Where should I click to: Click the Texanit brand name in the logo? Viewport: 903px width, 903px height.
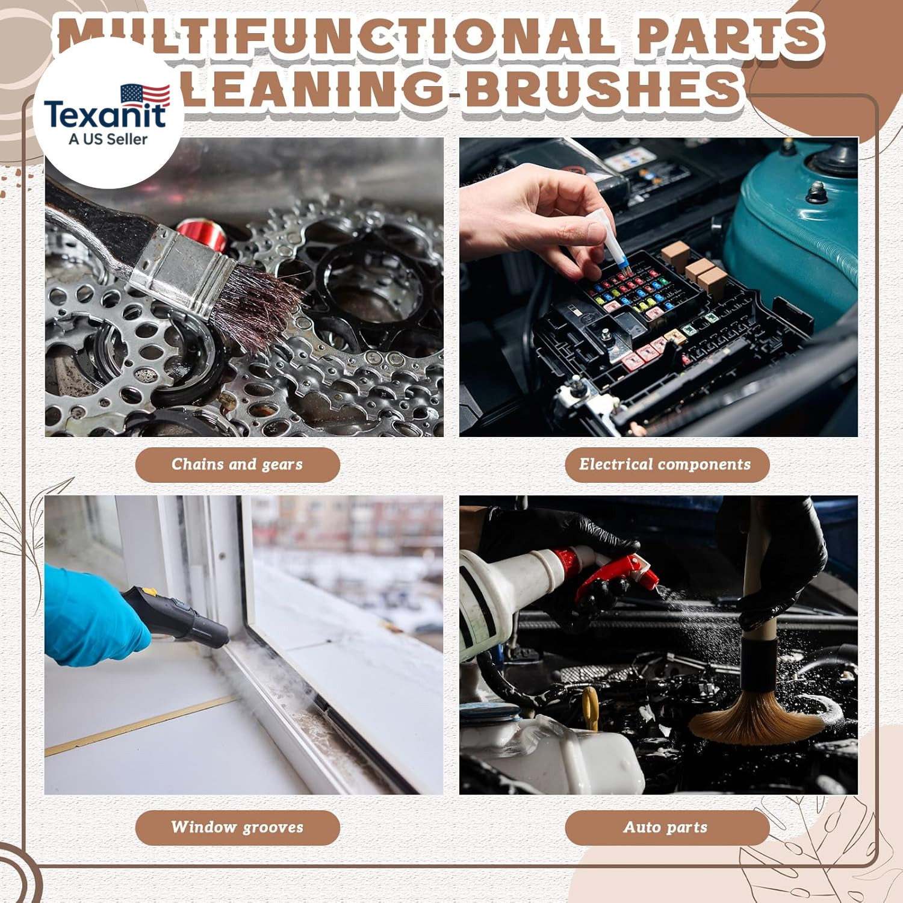pos(105,114)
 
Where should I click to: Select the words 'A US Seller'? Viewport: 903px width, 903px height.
pos(108,139)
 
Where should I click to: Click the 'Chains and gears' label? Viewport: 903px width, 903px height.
pos(237,465)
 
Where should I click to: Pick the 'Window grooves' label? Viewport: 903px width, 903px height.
pos(237,827)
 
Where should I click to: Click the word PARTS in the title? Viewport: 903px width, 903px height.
pos(729,36)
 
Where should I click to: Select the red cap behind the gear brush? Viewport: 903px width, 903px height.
pos(202,235)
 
